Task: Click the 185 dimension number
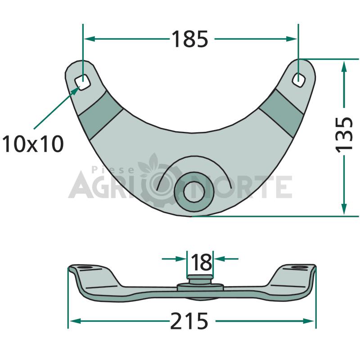(x=189, y=39)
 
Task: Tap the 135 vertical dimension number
(x=344, y=134)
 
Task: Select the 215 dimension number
(x=189, y=321)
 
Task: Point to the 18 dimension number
(x=201, y=262)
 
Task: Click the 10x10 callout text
(x=32, y=144)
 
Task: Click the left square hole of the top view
(x=82, y=82)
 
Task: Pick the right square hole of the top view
(x=298, y=80)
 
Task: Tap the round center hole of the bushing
(x=194, y=192)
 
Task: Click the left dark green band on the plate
(x=100, y=115)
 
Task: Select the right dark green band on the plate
(x=281, y=113)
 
